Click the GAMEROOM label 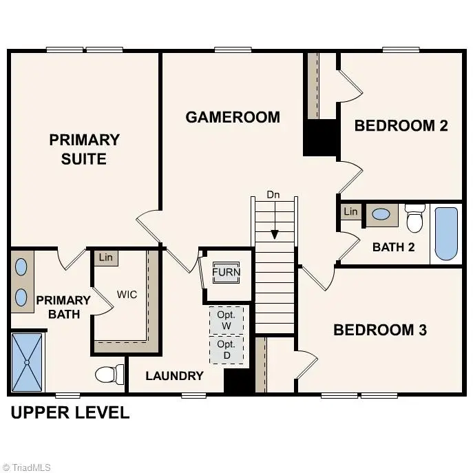click(x=233, y=117)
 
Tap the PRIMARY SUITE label click(x=84, y=149)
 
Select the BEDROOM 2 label click(x=401, y=125)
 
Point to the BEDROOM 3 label click(x=380, y=330)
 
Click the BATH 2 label click(x=393, y=247)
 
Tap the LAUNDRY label click(x=174, y=376)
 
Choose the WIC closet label click(x=127, y=295)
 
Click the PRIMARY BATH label click(x=63, y=307)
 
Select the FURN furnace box click(x=226, y=273)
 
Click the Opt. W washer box click(x=227, y=320)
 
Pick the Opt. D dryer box click(x=227, y=349)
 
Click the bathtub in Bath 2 click(x=446, y=233)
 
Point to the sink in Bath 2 click(x=381, y=214)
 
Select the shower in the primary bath click(x=27, y=361)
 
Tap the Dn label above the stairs click(x=273, y=195)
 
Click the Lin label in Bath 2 click(x=351, y=211)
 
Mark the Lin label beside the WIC click(x=105, y=257)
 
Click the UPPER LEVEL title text click(x=70, y=413)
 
